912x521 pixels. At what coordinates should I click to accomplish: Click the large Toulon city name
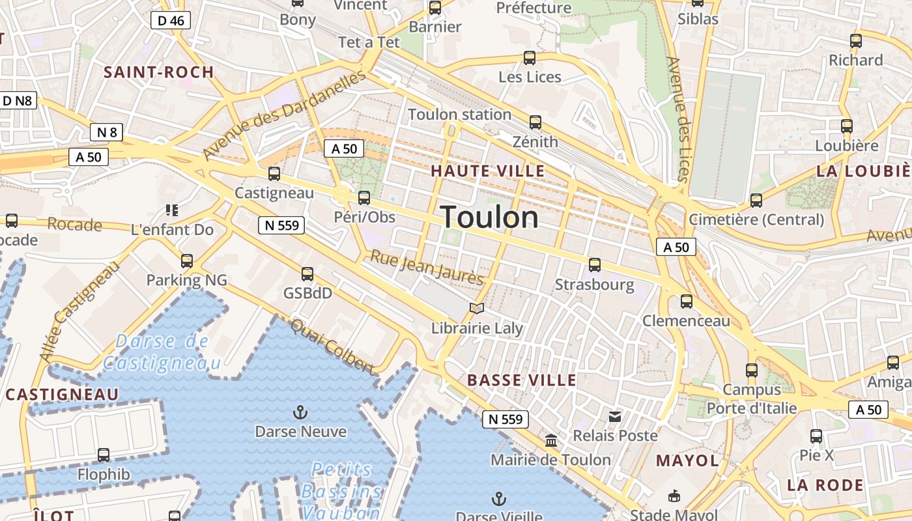490,217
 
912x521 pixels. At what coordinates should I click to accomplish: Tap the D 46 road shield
171,20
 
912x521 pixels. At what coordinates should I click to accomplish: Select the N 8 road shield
107,133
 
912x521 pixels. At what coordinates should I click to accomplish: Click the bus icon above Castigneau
274,174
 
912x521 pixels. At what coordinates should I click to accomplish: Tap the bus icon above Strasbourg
595,265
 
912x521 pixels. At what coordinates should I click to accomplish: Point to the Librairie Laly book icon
477,309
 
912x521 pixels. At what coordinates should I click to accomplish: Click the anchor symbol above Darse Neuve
300,412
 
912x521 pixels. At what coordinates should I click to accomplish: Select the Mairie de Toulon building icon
551,441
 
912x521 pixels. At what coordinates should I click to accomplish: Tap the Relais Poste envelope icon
615,416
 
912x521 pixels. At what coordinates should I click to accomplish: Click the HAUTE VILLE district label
488,171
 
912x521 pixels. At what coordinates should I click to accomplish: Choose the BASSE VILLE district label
522,380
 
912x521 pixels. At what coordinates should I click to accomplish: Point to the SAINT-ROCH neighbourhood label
159,72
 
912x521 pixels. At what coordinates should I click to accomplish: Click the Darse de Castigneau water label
162,352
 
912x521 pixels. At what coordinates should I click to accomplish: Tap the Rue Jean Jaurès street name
427,268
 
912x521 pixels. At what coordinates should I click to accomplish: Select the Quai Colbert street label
333,346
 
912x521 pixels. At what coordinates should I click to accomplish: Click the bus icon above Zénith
535,122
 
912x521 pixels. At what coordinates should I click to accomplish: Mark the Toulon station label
459,115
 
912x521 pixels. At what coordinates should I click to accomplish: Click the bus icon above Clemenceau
687,302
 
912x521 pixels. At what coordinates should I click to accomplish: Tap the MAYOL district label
687,461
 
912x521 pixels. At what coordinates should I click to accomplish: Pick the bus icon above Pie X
816,436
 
